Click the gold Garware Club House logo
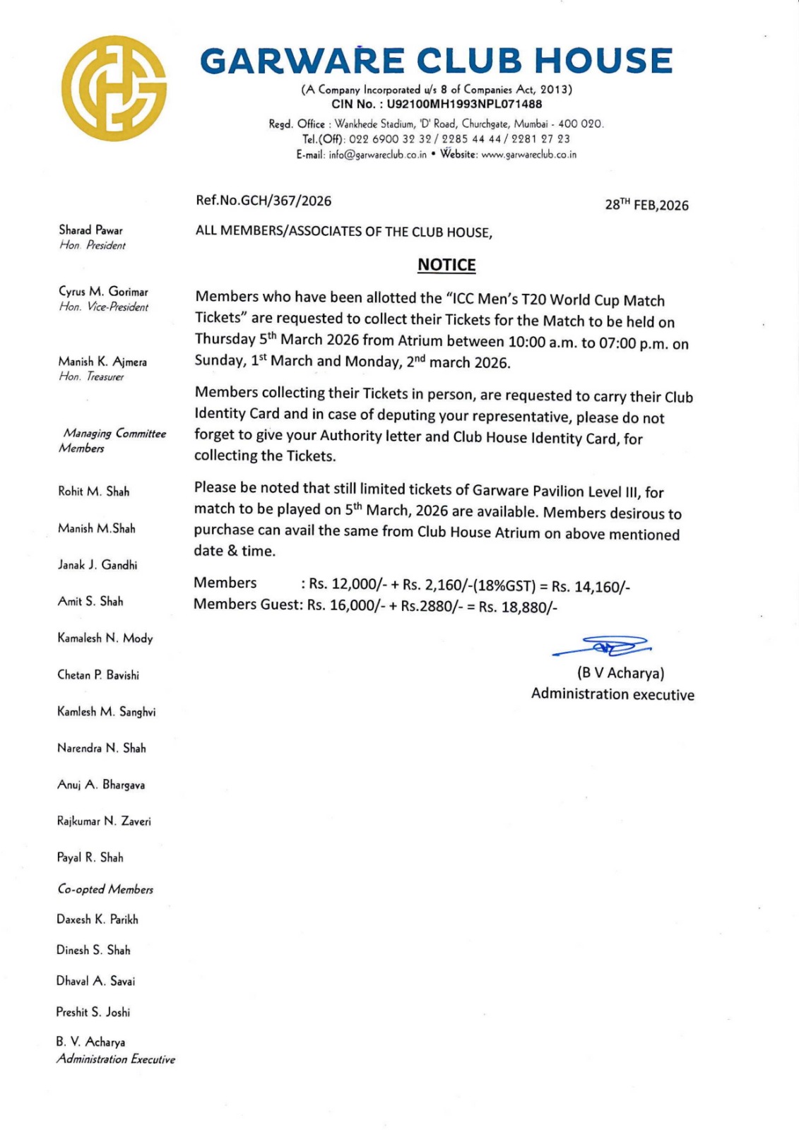[114, 89]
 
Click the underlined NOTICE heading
[446, 265]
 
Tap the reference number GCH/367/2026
[285, 201]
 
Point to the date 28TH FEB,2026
[646, 205]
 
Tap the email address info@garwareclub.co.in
[377, 155]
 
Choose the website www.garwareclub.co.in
[528, 155]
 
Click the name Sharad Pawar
[90, 230]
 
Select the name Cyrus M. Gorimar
[103, 292]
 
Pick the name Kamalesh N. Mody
[105, 638]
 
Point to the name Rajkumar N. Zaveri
[104, 821]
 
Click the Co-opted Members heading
[105, 889]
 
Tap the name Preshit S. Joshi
[93, 1012]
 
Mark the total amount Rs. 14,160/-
[591, 587]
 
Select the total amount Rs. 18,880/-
[518, 607]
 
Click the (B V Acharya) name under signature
[620, 673]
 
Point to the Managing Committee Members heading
[113, 441]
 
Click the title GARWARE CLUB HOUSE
[436, 61]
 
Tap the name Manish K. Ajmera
[102, 362]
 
